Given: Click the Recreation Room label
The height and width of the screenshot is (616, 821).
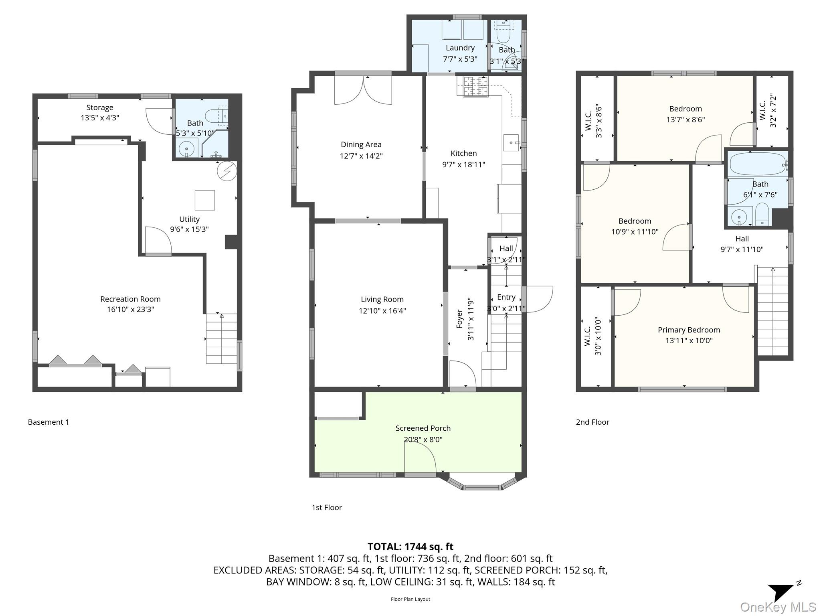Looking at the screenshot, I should (130, 299).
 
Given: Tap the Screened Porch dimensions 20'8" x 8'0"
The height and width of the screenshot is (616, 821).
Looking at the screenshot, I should (423, 440).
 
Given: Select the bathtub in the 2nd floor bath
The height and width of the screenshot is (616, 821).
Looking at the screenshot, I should (758, 164).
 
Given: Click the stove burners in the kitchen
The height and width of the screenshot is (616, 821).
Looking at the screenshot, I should (473, 86).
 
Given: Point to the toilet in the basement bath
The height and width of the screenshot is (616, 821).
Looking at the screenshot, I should (216, 116).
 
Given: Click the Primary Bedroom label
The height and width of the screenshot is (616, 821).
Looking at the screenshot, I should (689, 330).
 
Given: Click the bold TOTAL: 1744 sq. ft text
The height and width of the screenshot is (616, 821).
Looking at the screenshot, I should (410, 547).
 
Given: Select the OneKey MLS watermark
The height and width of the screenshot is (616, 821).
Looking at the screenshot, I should (778, 607).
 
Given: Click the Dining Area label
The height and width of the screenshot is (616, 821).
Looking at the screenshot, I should (361, 144).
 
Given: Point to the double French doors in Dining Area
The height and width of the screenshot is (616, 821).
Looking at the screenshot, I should (363, 91).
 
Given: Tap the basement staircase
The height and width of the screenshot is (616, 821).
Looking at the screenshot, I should (221, 339).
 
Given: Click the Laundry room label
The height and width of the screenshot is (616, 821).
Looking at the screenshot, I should (460, 48).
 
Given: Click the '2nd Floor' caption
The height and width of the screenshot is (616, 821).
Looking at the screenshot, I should (592, 422).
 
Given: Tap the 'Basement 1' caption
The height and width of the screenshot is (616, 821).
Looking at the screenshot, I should (49, 422).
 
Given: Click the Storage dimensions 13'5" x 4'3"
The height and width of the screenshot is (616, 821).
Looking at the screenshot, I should (100, 118).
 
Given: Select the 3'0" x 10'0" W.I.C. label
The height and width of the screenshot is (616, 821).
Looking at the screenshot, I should (593, 336).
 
